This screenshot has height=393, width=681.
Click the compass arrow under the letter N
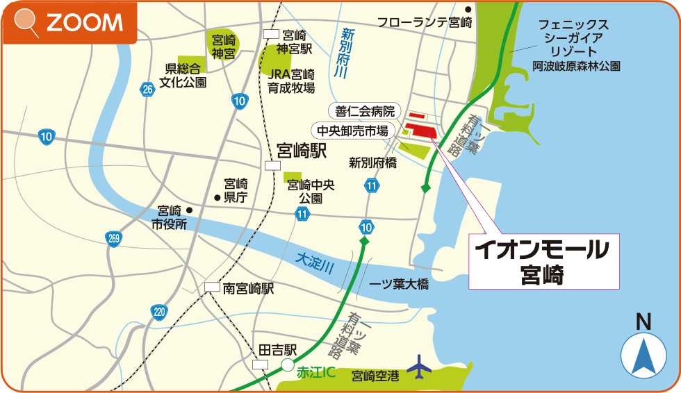click(x=643, y=356)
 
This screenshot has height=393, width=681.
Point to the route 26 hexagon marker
click(x=147, y=90)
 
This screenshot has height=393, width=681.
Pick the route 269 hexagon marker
click(x=114, y=239)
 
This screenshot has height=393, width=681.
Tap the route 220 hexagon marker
click(x=159, y=312)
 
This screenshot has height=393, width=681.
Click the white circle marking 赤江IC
click(x=287, y=365)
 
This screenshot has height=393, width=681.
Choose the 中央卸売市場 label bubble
click(x=352, y=130)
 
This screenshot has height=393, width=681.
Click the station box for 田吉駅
click(x=261, y=365)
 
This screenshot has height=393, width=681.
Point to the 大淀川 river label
click(x=314, y=261)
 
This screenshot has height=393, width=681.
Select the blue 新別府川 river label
click(x=341, y=53)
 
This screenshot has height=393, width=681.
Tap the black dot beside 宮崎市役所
click(x=188, y=210)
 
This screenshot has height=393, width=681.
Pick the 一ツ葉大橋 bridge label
click(x=398, y=285)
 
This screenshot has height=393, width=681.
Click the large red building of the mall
click(x=420, y=131)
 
